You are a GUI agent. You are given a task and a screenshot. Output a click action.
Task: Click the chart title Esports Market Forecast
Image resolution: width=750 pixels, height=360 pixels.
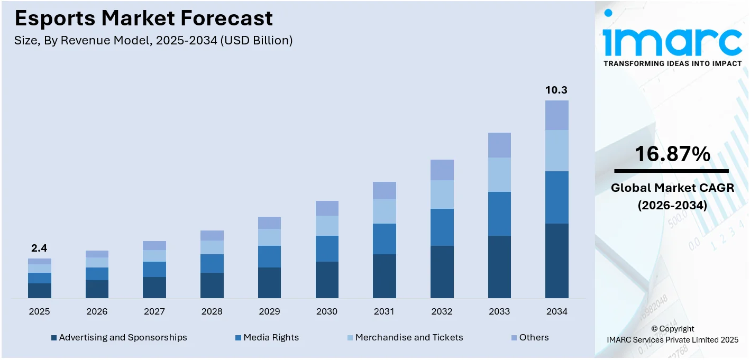coord(143,19)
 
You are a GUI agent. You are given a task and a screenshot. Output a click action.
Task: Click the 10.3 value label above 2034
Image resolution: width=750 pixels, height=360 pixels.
coord(556,90)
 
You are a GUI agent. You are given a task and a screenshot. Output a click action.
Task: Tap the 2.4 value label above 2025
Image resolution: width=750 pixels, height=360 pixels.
coord(39,248)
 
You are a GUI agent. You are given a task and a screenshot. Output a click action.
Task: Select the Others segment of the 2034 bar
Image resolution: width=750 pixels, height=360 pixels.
coord(556,115)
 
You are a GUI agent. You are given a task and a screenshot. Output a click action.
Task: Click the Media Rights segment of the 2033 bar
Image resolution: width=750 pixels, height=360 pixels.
coord(499,214)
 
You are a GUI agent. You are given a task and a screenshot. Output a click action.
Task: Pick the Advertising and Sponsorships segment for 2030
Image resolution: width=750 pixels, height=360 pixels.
coord(327,280)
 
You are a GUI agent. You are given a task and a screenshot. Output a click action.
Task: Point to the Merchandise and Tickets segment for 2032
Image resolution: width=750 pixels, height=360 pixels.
coord(442,195)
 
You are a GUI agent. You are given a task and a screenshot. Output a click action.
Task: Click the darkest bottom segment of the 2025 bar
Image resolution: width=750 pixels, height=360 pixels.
coord(39,290)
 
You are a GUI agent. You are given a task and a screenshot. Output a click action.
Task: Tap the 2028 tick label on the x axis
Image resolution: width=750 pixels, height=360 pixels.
coord(212,312)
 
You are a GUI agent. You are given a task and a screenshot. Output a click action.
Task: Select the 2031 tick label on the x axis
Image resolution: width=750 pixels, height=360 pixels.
coord(384,312)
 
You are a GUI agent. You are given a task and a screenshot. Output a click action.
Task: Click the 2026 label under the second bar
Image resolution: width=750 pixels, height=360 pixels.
coord(97,312)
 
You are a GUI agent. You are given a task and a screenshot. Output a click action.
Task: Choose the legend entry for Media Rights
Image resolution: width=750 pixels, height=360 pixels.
coord(271,337)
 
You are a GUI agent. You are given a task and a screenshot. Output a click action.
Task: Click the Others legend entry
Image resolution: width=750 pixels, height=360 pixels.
coord(534,337)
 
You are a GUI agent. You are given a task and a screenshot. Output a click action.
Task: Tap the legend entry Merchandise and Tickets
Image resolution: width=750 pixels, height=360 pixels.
coord(409,337)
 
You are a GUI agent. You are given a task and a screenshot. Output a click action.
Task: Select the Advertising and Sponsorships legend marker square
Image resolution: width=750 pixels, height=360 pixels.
coord(53,338)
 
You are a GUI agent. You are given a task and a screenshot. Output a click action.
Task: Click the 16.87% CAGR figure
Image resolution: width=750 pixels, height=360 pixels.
coord(672,154)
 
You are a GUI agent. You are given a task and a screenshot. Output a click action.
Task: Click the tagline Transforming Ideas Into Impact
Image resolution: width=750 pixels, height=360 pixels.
coord(672,63)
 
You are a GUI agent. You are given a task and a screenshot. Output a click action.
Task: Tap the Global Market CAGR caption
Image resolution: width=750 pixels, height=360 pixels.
coord(672,196)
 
